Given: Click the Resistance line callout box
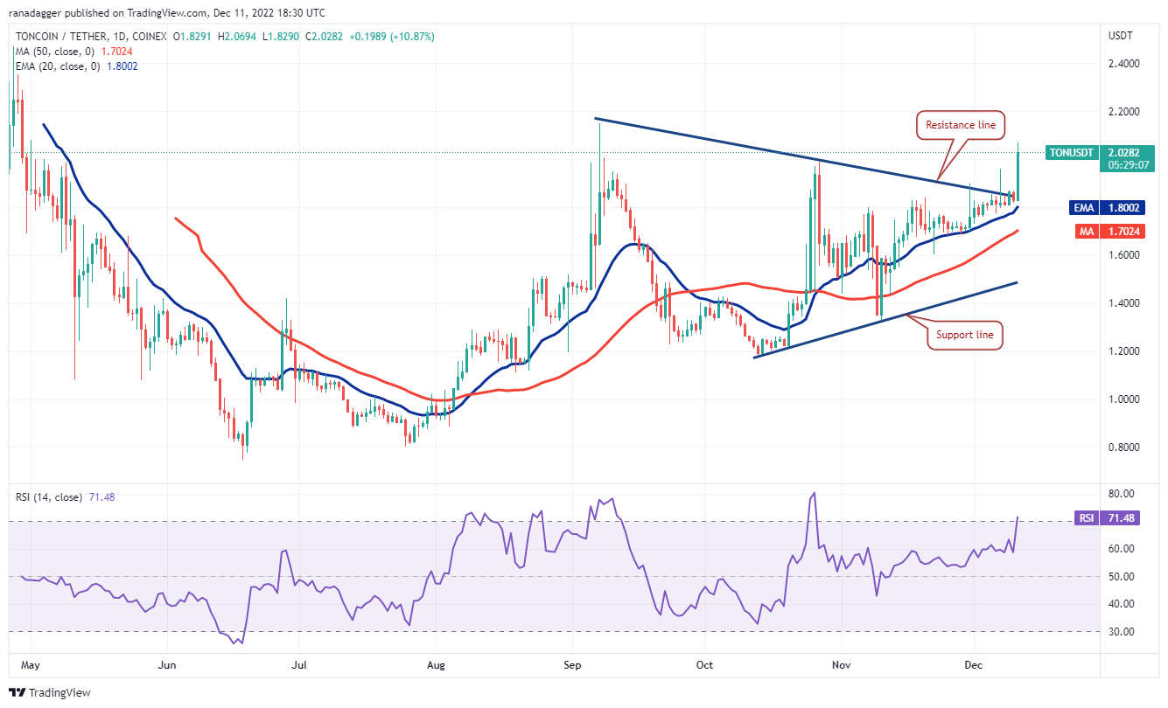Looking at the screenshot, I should (x=961, y=125).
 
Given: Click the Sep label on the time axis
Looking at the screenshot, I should (x=572, y=665).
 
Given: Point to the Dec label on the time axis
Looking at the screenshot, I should (x=974, y=665).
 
